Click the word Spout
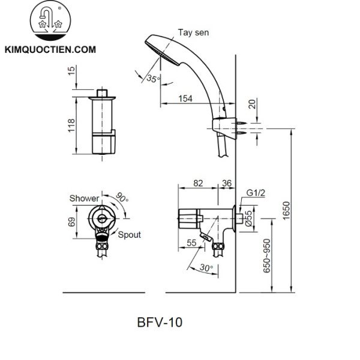click(129, 235)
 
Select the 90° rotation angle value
click(122, 197)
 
